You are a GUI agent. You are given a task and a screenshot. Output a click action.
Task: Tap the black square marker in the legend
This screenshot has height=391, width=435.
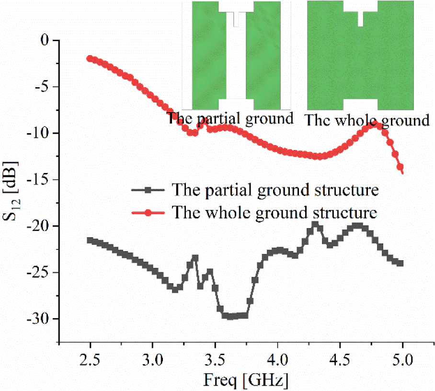[149, 191]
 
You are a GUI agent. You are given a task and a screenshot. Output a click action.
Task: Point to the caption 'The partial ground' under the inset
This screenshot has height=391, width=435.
[230, 118]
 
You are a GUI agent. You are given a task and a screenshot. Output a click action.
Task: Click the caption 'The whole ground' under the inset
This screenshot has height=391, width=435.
[367, 120]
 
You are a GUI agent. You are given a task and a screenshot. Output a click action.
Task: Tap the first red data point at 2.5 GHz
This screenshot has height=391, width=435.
[90, 58]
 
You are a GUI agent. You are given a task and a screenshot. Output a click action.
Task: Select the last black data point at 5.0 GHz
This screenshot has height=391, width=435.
[401, 263]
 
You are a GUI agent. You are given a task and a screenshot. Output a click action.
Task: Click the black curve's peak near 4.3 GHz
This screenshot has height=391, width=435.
[315, 224]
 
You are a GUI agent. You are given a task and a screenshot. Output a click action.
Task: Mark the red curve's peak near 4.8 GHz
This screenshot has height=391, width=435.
[378, 126]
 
